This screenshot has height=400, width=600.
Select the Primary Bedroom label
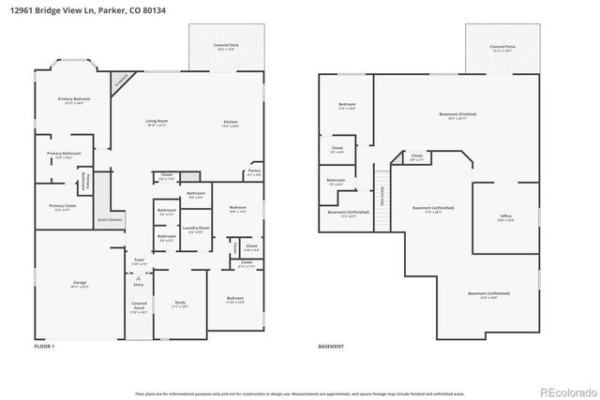coord(73,98)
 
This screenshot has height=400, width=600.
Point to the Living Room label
coord(157,121)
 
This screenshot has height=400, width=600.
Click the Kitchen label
coord(230,121)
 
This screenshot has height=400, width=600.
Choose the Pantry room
coord(254,171)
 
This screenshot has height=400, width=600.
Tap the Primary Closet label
coord(63,205)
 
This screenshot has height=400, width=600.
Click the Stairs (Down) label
coord(110,220)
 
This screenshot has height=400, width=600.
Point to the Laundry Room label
coord(195,228)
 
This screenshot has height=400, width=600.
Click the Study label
coord(181,303)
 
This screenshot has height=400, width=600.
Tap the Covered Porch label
coord(139,305)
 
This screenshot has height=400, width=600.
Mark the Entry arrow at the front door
coord(138,278)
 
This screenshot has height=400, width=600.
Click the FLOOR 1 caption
coord(44,348)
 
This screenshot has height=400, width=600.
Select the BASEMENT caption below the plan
coord(330,348)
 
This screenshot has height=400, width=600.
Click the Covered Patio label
coord(502,45)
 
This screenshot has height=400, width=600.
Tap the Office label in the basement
coord(506,216)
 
